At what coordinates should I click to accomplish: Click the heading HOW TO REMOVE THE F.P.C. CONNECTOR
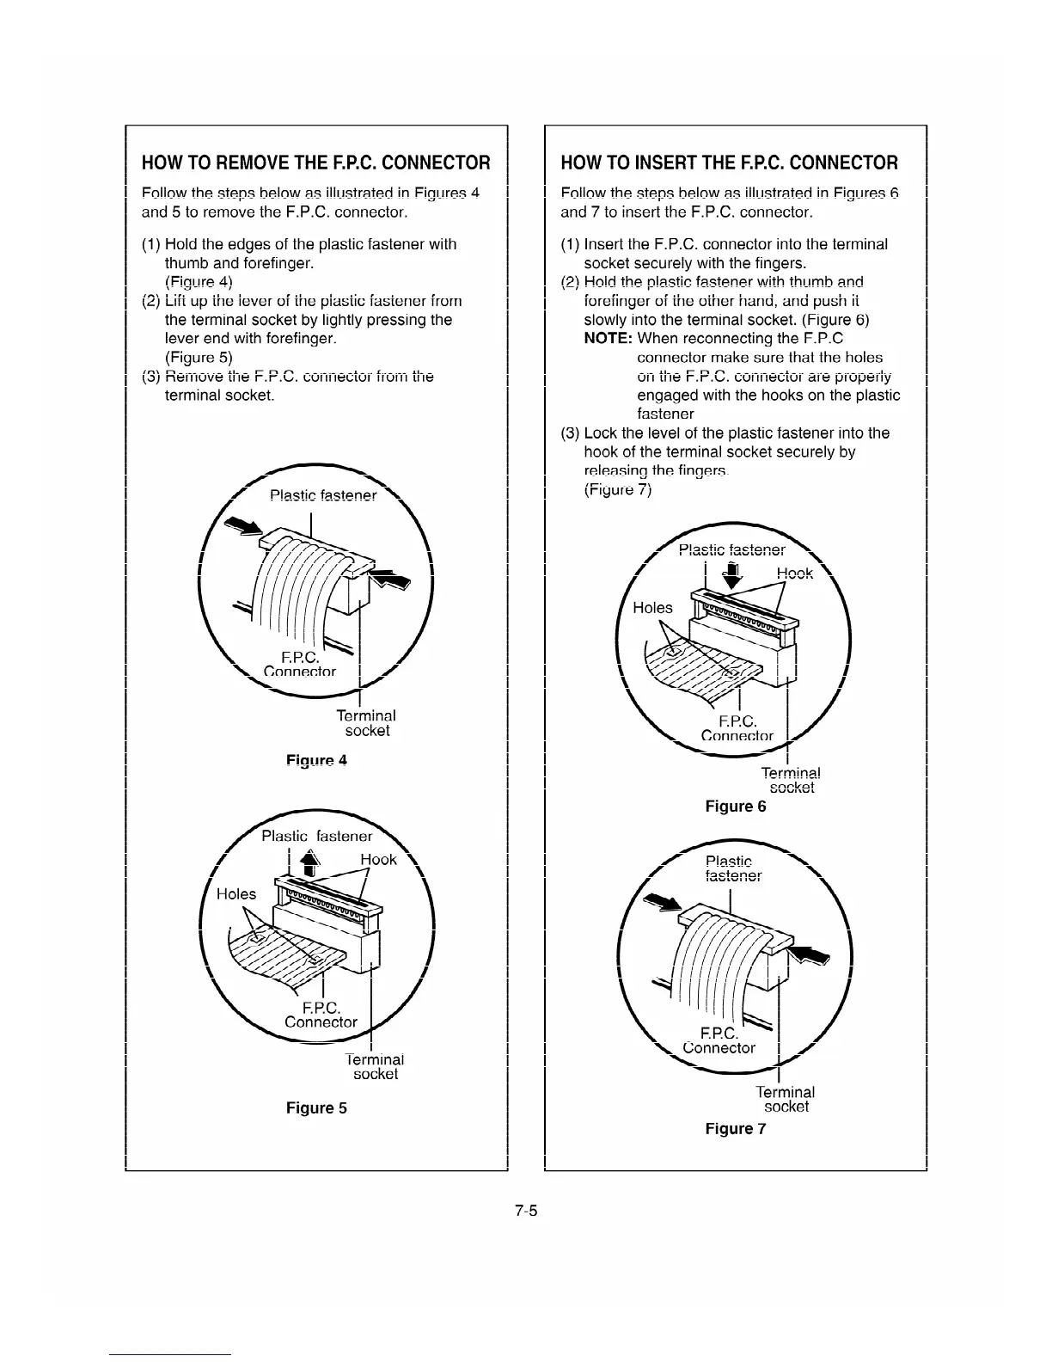pos(315,163)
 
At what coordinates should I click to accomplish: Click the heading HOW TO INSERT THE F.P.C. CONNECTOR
pos(729,163)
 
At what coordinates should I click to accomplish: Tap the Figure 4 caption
pos(316,760)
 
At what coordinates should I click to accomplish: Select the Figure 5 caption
pos(316,1107)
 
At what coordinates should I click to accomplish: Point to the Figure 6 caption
pos(735,806)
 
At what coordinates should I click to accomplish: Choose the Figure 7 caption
pos(735,1128)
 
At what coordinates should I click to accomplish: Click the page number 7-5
pos(526,1212)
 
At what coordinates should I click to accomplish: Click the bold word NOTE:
pos(609,339)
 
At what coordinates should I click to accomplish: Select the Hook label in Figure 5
pos(378,859)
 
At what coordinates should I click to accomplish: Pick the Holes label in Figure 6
pos(652,608)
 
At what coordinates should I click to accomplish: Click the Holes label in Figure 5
pos(236,894)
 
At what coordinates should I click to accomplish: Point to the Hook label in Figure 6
pos(795,574)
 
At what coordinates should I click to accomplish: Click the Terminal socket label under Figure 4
pos(366,722)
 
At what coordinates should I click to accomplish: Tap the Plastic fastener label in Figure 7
pos(732,868)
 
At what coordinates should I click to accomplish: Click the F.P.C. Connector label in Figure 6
pos(737,727)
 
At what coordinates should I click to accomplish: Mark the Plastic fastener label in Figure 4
pos(323,495)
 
